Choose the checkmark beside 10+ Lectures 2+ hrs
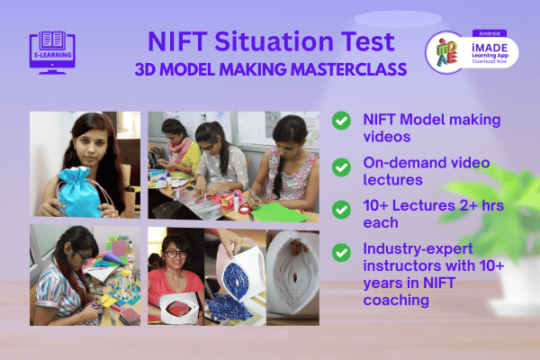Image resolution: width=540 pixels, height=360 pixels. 341,209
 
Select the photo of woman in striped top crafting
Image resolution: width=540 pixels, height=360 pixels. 85,275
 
